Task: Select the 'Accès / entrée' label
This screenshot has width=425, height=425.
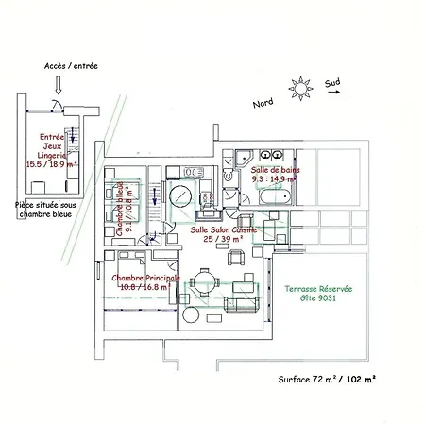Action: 71,67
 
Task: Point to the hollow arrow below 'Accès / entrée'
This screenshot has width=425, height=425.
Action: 59,84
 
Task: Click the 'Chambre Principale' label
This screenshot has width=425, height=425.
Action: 144,278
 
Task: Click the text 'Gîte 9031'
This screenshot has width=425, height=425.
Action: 317,299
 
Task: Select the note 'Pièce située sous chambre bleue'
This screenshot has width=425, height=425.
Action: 42,206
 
